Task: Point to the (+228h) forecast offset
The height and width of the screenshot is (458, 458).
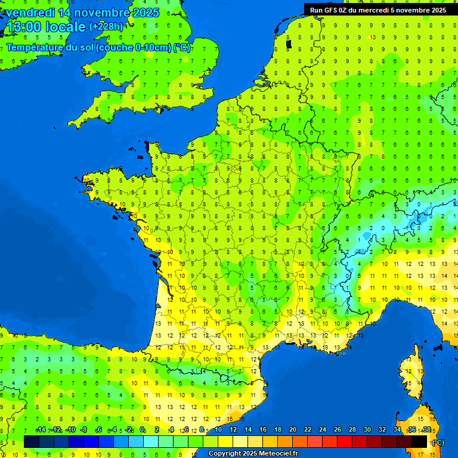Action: tap(106, 27)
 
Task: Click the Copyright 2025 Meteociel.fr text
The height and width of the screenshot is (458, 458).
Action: tap(253, 454)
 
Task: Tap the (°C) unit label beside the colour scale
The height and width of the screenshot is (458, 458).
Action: tap(437, 442)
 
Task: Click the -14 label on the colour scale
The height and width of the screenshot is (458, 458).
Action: tap(41, 430)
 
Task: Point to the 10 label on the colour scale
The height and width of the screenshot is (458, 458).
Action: tap(218, 430)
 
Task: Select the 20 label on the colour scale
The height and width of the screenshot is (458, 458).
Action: tap(292, 430)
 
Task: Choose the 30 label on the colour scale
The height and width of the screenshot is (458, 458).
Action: tap(367, 430)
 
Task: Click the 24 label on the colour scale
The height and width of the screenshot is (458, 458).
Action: tap(322, 430)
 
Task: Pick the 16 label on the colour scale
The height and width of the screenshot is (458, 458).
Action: tap(262, 430)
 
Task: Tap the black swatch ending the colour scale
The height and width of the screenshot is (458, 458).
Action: tap(419, 441)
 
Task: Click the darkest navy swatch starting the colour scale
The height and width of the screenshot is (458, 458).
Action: tap(32, 441)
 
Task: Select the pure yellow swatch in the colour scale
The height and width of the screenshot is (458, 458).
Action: tap(225, 441)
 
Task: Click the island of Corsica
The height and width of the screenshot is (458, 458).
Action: tap(410, 376)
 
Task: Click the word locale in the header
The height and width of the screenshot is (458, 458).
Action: tap(65, 27)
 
